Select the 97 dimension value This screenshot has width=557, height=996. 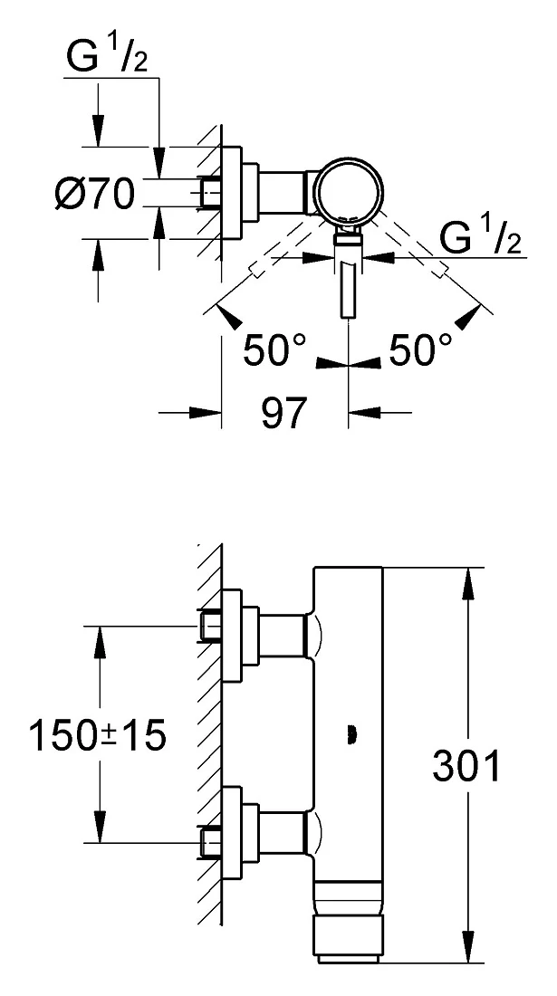283,414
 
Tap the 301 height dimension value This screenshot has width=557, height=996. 466,766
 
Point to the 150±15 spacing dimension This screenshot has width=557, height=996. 97,735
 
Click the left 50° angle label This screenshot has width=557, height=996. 274,350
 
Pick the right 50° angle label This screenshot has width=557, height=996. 420,350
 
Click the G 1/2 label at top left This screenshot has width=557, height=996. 108,59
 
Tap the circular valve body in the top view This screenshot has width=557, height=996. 350,190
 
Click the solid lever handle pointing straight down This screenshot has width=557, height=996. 348,290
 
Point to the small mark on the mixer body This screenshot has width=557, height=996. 350,735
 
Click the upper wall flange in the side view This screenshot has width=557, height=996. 233,636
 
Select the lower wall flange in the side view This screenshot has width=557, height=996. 233,833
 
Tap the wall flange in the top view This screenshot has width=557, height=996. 233,193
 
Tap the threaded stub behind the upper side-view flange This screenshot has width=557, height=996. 210,627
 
